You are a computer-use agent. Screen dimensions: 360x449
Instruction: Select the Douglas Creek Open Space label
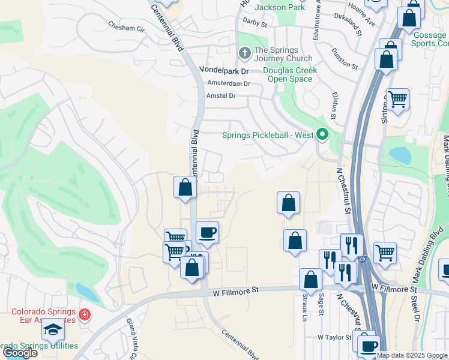click(290, 74)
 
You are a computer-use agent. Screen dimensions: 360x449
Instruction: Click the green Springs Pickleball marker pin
click(322, 134)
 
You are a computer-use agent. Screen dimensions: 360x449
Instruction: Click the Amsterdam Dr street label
click(228, 83)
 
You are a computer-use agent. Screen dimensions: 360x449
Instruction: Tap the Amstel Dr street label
click(221, 95)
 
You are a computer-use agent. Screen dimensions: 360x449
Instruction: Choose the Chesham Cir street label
click(127, 27)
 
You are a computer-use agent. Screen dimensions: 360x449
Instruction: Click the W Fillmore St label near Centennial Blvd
click(236, 290)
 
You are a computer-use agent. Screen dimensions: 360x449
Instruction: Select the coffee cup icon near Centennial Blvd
click(207, 232)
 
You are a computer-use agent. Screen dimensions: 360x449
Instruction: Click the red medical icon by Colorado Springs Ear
click(85, 314)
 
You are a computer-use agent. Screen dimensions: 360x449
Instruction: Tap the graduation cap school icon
click(53, 329)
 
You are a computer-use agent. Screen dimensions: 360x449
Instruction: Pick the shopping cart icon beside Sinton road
click(397, 99)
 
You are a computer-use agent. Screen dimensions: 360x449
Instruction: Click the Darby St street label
click(255, 22)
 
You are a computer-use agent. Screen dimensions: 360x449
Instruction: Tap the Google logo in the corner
click(20, 353)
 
